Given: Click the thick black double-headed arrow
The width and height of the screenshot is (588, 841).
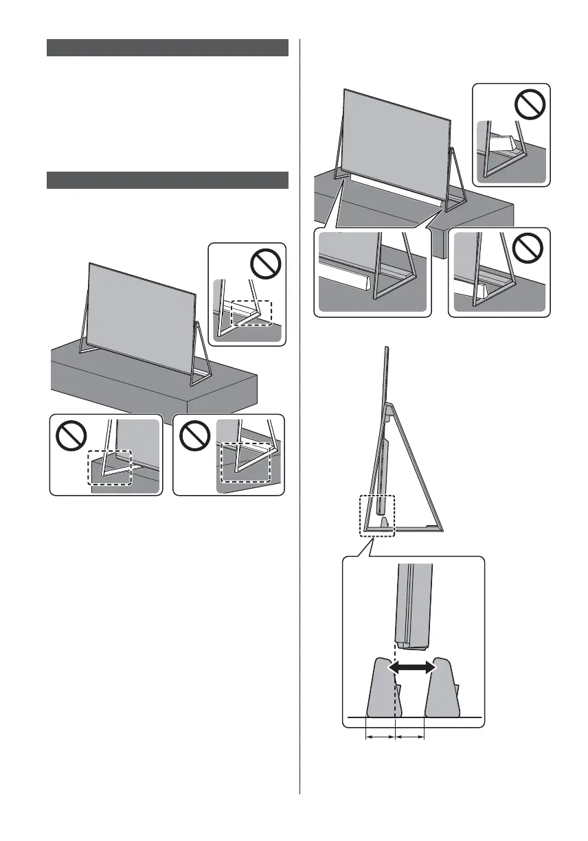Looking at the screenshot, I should pos(412,667).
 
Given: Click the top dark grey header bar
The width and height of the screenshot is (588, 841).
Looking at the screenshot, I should pos(167,47).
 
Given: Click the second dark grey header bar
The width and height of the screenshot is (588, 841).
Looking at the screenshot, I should pos(167,180).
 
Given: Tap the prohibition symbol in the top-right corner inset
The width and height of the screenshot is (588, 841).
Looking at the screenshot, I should pos(530,103).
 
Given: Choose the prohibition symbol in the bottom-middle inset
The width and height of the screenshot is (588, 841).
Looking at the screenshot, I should pos(195,435).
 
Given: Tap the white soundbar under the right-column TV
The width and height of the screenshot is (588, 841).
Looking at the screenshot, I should pos(395,189).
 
